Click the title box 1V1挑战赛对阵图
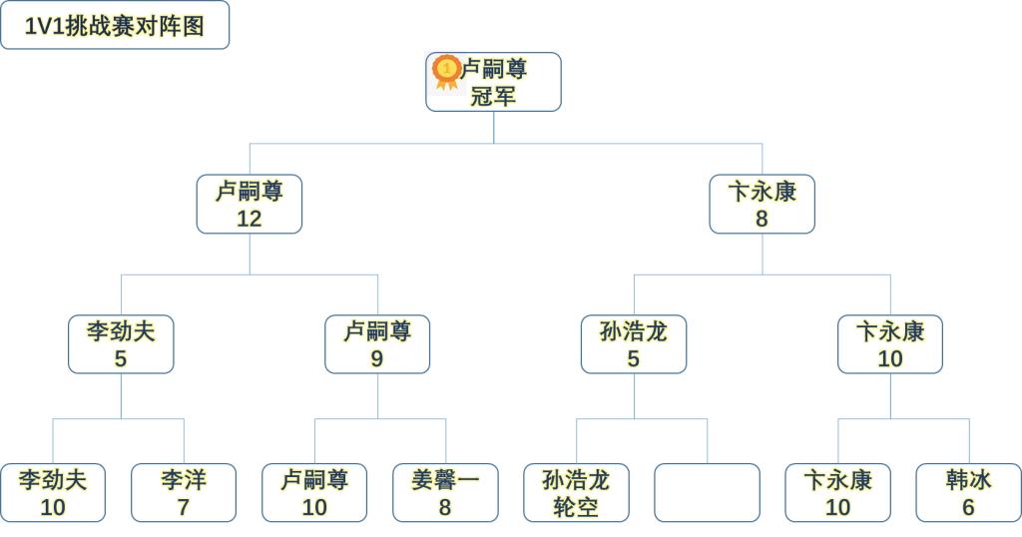[x=115, y=26]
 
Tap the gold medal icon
[x=446, y=70]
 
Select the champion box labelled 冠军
[x=494, y=83]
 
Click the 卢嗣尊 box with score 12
[x=250, y=205]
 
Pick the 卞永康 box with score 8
[x=762, y=205]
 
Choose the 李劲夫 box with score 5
[x=121, y=344]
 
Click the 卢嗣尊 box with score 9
[x=377, y=344]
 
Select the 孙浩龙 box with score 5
[x=634, y=344]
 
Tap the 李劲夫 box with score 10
[x=53, y=493]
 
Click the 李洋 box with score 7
[x=184, y=493]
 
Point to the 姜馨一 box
[x=445, y=493]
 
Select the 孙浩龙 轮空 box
[x=576, y=493]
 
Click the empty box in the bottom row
[x=707, y=493]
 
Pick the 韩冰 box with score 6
[x=968, y=493]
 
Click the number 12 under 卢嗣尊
[x=250, y=219]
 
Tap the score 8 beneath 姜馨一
[x=445, y=507]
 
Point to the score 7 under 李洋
[x=184, y=507]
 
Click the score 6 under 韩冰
[x=968, y=507]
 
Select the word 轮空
[x=576, y=507]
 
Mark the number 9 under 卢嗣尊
[x=377, y=358]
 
